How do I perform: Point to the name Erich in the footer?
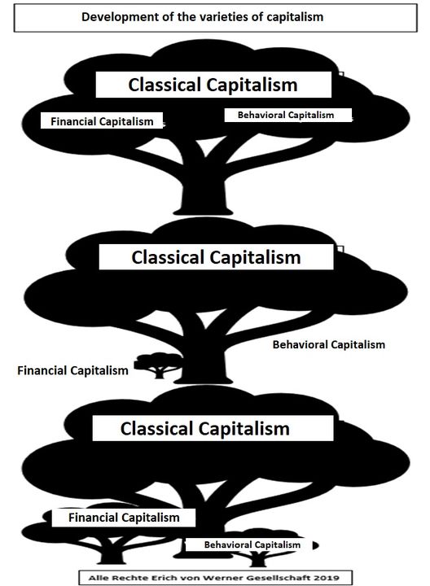pos(160,578)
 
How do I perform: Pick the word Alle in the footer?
pos(97,578)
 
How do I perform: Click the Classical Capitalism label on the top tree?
pos(213,85)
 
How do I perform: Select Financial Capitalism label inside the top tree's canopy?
pos(102,121)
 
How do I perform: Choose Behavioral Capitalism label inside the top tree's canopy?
pos(286,115)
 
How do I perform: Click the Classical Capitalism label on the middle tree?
pos(216,257)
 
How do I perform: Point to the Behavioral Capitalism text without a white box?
pos(329,344)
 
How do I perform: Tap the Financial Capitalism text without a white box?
pos(73,371)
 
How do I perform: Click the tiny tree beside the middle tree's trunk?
pos(159,365)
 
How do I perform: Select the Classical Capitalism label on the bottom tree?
pos(205,429)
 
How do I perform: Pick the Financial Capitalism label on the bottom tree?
pos(124,518)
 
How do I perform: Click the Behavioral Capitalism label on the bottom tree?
pos(252,544)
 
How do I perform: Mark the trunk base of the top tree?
pos(203,212)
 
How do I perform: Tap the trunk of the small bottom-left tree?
pos(111,554)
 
